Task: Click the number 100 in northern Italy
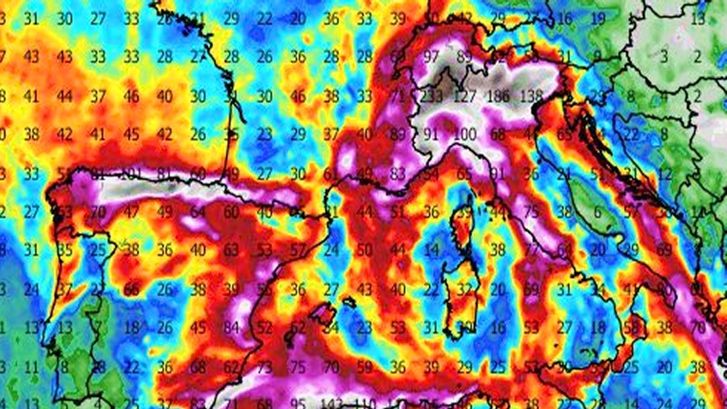pyautogui.click(x=465, y=134)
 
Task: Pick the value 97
pyautogui.click(x=431, y=57)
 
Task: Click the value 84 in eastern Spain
pyautogui.click(x=231, y=328)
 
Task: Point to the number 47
pyautogui.click(x=131, y=211)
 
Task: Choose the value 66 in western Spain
pyautogui.click(x=131, y=289)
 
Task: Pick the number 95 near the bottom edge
pyautogui.click(x=298, y=403)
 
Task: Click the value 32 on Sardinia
pyautogui.click(x=465, y=289)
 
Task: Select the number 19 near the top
pyautogui.click(x=598, y=18)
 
